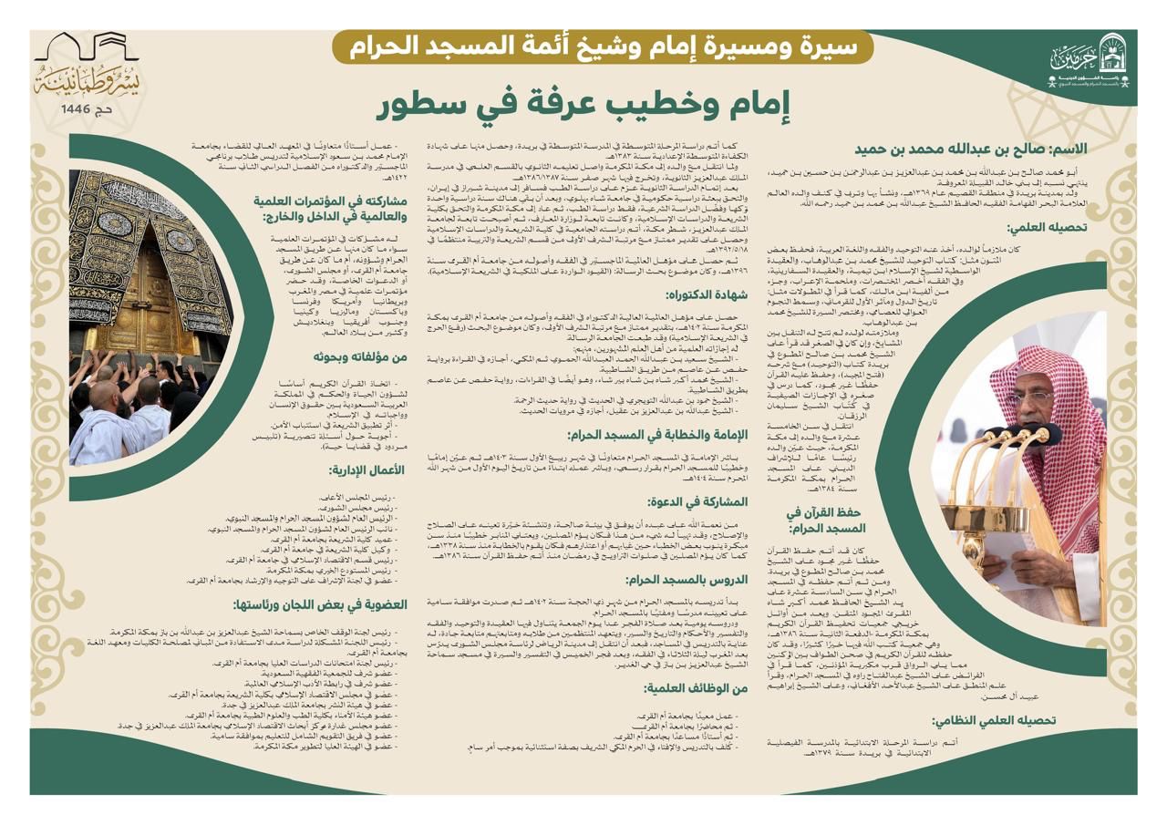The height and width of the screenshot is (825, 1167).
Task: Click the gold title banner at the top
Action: click(602, 46)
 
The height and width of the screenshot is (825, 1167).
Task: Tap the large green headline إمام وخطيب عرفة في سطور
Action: click(584, 106)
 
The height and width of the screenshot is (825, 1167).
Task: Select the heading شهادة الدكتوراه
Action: click(707, 294)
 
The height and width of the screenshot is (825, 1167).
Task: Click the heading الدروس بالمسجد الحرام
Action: click(687, 579)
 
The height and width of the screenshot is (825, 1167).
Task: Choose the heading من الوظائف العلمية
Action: click(697, 688)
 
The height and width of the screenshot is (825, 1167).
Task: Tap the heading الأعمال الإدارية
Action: click(367, 470)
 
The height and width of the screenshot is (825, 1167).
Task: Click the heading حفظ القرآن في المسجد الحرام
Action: click(824, 520)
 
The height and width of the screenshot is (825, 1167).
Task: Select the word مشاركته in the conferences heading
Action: click(381, 201)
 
